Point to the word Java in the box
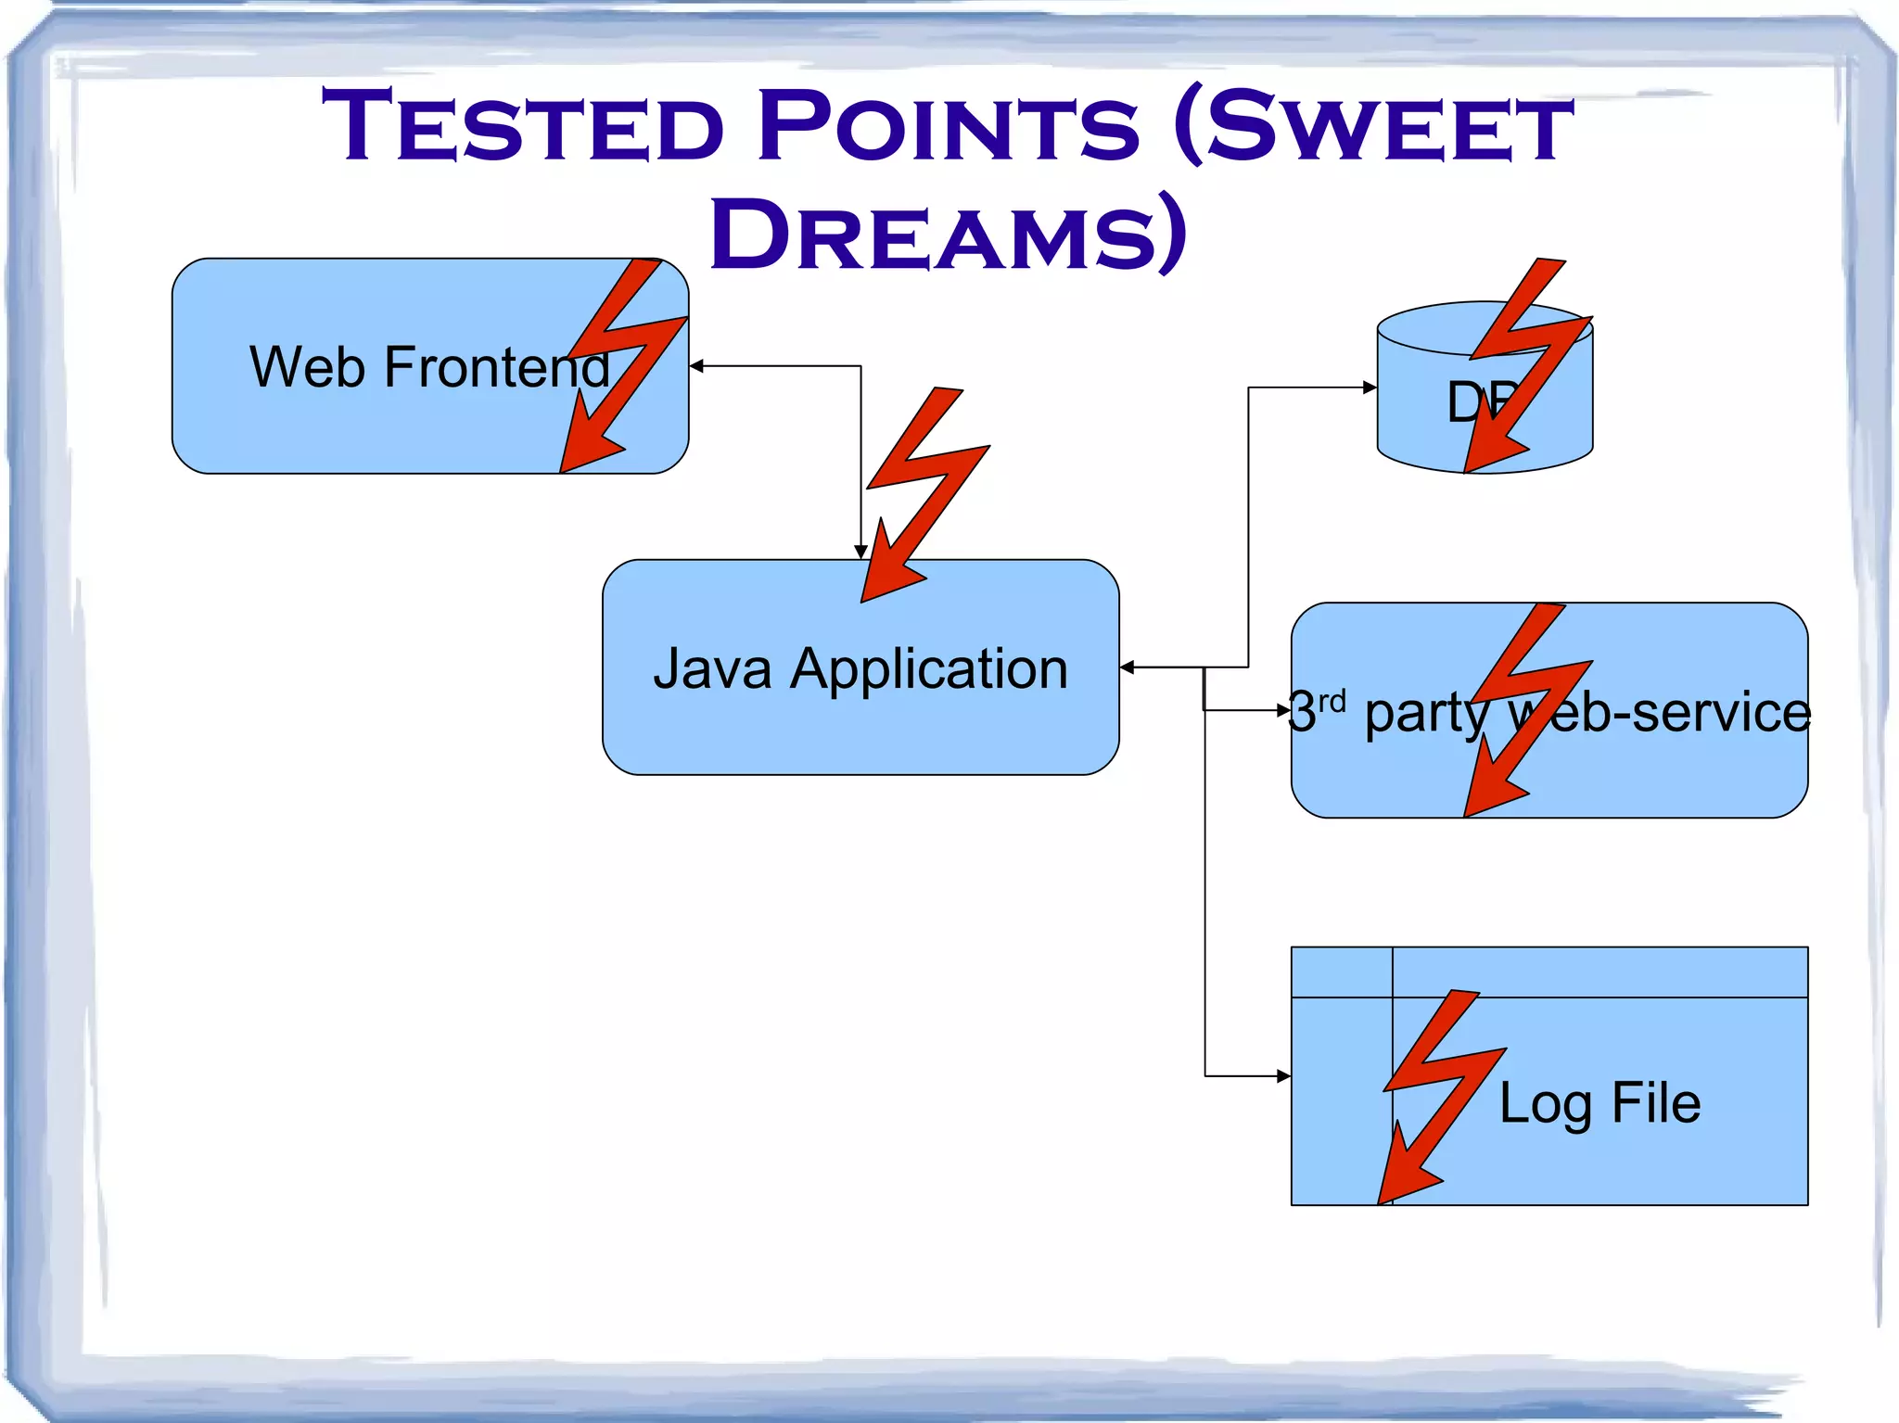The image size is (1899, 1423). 711,668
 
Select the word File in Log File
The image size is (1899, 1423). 1656,1103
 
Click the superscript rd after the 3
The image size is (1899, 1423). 1332,702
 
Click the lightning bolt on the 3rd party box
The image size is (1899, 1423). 1525,705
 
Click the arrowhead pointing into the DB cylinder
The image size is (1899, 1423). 1370,388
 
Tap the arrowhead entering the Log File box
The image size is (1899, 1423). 1283,1076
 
